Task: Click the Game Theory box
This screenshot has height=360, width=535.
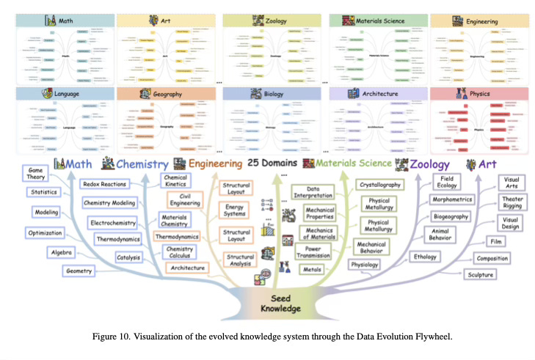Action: (37, 172)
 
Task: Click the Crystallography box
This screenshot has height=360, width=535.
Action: (385, 184)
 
